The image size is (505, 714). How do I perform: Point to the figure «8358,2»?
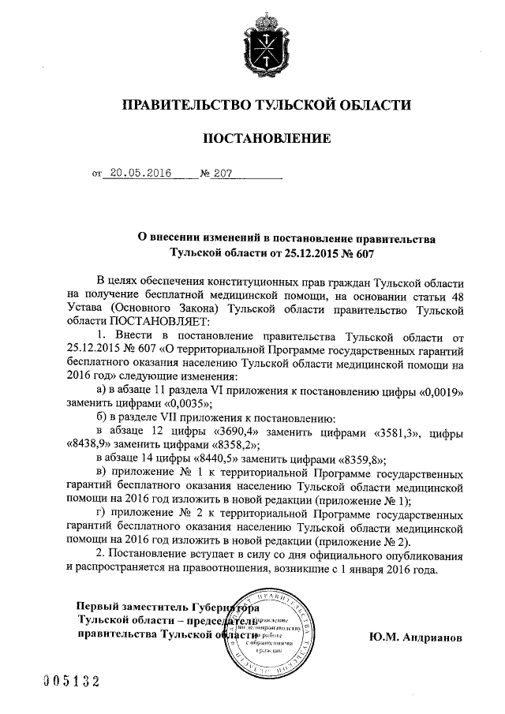pyautogui.click(x=220, y=445)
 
